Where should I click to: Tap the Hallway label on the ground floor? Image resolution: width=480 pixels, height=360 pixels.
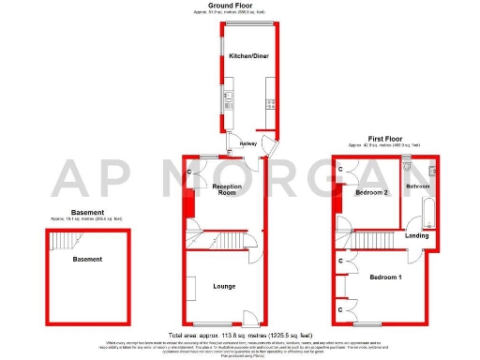pyautogui.click(x=248, y=143)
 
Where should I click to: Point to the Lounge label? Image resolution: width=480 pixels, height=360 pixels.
pyautogui.click(x=223, y=285)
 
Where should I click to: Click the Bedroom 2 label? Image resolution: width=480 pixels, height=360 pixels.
pyautogui.click(x=371, y=193)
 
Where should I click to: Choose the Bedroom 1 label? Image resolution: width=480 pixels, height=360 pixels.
pyautogui.click(x=385, y=278)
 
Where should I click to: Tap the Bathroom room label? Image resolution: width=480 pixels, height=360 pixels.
pyautogui.click(x=417, y=187)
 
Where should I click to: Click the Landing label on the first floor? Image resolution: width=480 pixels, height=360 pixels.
pyautogui.click(x=417, y=235)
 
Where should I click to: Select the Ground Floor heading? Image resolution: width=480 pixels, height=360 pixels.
pyautogui.click(x=240, y=5)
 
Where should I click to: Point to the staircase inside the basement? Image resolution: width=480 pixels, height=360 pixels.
pyautogui.click(x=62, y=241)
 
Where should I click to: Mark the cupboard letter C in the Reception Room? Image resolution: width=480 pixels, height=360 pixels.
pyautogui.click(x=189, y=172)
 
